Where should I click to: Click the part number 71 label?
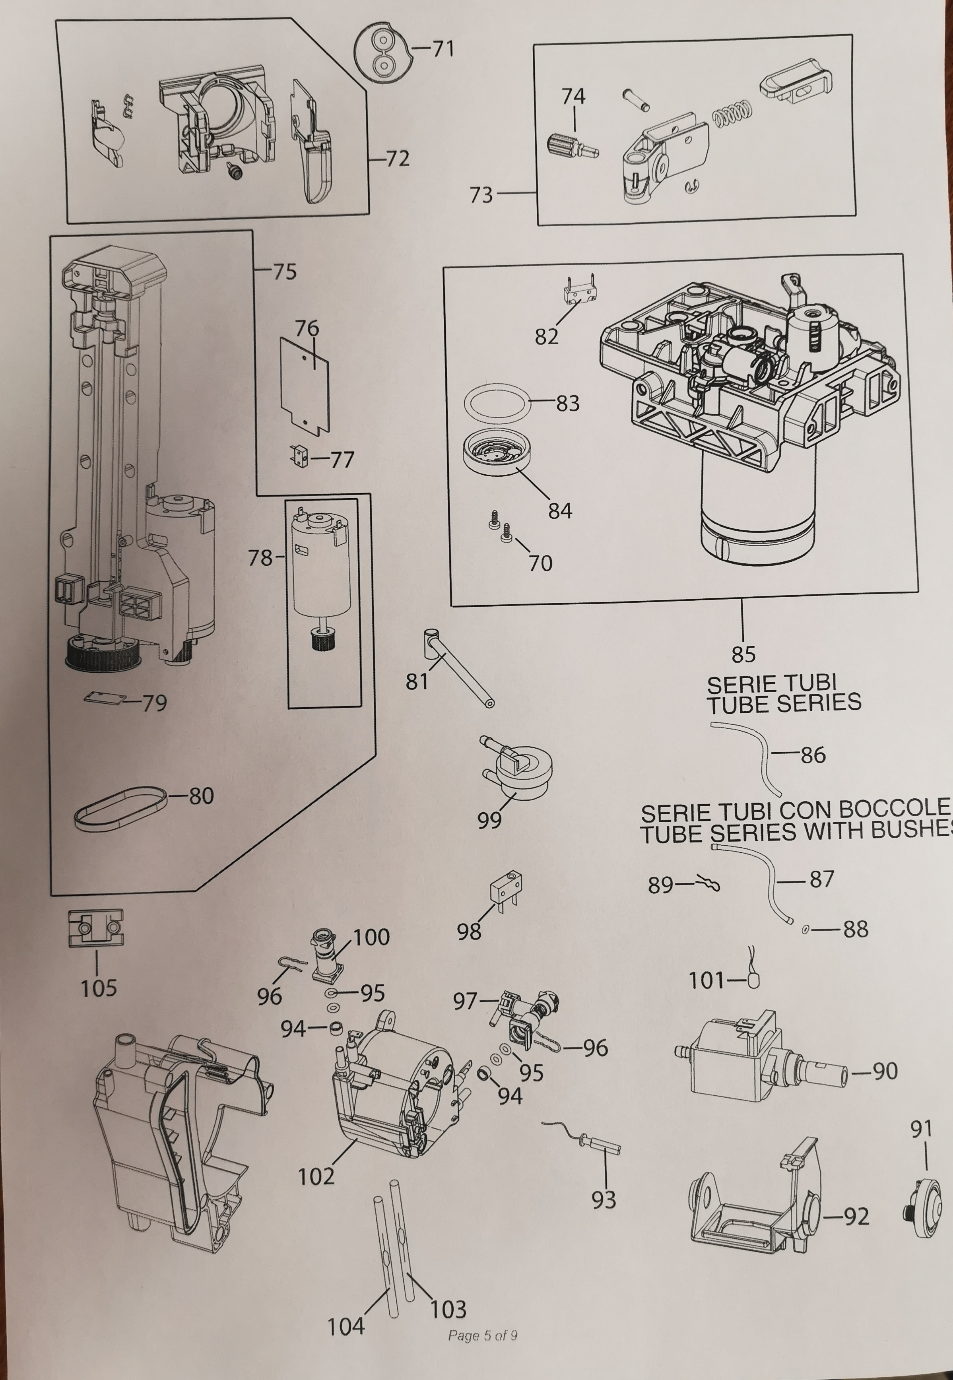point(443,49)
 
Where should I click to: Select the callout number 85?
point(743,654)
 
